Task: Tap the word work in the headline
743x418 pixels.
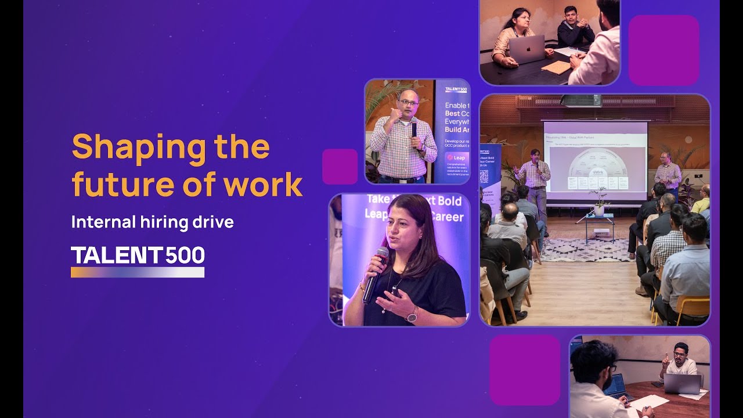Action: [x=271, y=185]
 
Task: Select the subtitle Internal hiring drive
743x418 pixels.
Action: [x=152, y=222]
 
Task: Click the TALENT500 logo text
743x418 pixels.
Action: [x=138, y=256]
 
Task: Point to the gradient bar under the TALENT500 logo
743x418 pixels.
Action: [x=138, y=272]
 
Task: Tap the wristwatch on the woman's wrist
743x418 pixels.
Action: [x=412, y=315]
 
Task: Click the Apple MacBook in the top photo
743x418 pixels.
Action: [x=526, y=50]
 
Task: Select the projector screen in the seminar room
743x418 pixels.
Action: [x=595, y=160]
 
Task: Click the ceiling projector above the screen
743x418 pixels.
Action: [x=580, y=100]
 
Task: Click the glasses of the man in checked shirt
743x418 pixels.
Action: [x=409, y=103]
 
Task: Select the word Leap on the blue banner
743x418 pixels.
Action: [x=459, y=157]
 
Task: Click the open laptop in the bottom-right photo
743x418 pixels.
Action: [x=682, y=384]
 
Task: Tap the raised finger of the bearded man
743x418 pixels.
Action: [x=665, y=356]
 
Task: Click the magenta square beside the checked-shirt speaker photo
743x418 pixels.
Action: [x=340, y=167]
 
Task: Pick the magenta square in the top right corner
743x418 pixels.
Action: [x=663, y=51]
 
